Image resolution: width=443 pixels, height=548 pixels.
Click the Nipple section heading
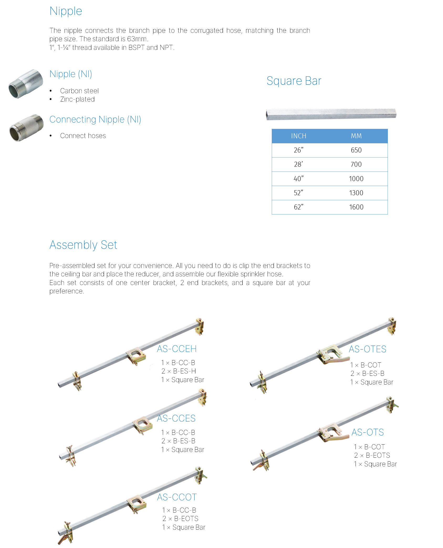tap(66, 11)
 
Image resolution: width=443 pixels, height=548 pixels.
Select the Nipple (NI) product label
tap(71, 74)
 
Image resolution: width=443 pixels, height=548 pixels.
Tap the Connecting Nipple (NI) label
tap(95, 120)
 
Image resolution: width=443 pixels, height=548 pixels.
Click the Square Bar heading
tap(294, 81)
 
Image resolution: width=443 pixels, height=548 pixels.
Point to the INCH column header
tap(299, 136)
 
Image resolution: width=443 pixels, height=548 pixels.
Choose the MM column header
tap(356, 136)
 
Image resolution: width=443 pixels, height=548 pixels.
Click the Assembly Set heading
tap(83, 245)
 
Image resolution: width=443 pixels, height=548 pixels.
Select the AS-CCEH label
tap(176, 349)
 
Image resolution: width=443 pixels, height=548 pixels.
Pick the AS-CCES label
tap(176, 418)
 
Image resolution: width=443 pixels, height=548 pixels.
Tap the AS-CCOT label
tap(176, 497)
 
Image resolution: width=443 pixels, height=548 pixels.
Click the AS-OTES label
tap(367, 349)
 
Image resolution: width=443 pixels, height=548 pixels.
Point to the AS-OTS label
tap(367, 432)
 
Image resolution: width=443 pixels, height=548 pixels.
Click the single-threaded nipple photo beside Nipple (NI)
tap(26, 84)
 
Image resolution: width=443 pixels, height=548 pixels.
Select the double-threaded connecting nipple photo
tap(26, 128)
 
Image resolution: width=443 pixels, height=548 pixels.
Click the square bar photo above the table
tap(331, 114)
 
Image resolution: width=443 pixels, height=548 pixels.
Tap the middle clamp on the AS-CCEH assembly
tap(136, 356)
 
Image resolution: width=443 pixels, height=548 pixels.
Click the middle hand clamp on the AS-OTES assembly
tap(331, 354)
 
